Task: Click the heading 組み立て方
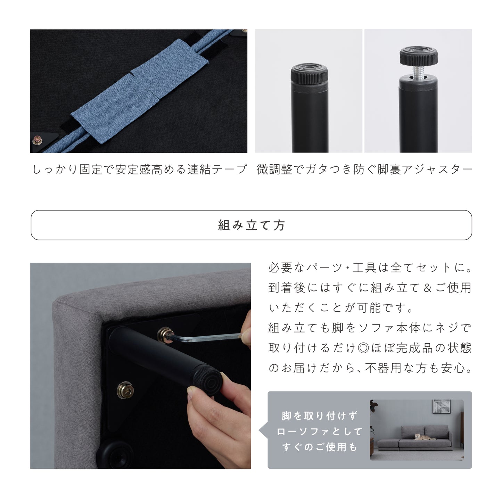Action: tap(251, 225)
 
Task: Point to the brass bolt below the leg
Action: tap(125, 390)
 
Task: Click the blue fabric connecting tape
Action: tap(138, 91)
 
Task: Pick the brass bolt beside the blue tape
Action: tap(37, 141)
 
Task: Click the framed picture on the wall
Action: tap(441, 406)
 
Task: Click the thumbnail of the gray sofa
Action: tap(417, 430)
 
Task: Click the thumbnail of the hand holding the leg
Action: tap(141, 366)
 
